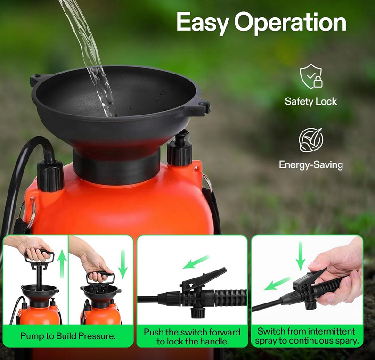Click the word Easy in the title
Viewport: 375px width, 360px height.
click(202, 23)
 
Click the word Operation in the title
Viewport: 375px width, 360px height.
click(290, 23)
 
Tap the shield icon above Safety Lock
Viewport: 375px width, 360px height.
click(311, 76)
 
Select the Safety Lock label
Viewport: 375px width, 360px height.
click(310, 101)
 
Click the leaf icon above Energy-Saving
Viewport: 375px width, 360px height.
click(311, 140)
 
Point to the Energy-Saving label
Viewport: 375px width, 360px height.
click(311, 165)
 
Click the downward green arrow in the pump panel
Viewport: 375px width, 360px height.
click(123, 264)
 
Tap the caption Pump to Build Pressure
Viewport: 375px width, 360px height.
click(68, 336)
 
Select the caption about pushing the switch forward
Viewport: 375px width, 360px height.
click(192, 336)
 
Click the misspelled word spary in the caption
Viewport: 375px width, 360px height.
click(347, 341)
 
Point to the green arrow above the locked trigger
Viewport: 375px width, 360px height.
click(196, 262)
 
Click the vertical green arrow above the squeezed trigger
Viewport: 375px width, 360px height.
click(301, 256)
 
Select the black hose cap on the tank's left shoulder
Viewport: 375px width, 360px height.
click(50, 175)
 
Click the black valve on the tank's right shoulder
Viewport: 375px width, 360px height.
click(179, 148)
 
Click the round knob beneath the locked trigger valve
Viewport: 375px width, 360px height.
click(198, 312)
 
